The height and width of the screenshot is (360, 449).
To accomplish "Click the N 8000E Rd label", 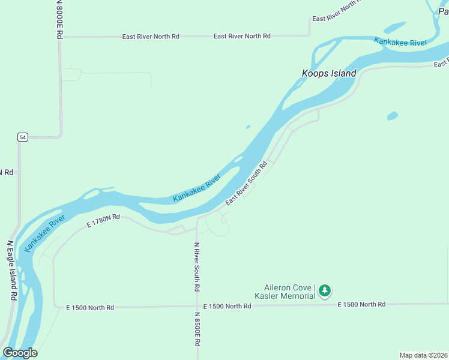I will tap(59, 20).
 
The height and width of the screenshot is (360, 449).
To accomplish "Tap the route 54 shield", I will tap(22, 137).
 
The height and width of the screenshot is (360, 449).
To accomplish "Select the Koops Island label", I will tap(328, 73).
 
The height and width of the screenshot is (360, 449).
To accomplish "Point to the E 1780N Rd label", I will tap(103, 220).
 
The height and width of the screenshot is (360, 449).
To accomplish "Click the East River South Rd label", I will tap(246, 183).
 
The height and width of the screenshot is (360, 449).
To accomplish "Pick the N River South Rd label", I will tap(196, 266).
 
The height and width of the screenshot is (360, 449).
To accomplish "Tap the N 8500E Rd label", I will tap(196, 329).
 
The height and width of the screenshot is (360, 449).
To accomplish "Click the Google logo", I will tap(20, 353).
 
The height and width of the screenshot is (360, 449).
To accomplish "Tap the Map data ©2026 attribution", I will tap(423, 355).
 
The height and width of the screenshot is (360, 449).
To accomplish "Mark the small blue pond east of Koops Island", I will tap(393, 115).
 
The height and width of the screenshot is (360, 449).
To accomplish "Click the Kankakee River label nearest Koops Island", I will tap(400, 42).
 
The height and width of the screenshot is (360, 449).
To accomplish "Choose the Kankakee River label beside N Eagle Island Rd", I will tap(44, 234).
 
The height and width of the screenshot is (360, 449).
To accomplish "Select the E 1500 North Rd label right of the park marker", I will tap(361, 305).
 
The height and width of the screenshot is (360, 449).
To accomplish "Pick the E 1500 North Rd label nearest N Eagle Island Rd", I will tap(90, 308).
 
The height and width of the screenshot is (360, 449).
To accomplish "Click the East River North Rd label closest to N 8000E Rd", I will tap(151, 37).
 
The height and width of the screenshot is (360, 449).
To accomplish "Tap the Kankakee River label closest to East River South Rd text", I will tap(197, 190).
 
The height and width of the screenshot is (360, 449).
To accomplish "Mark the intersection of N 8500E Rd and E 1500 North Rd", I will tap(197, 307).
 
